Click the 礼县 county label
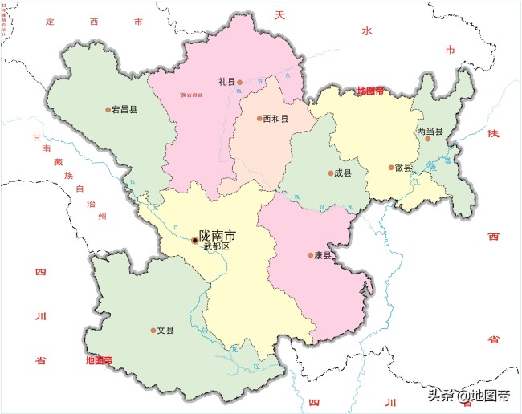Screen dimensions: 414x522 (x=226, y=82)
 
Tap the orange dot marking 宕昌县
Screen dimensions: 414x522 (x=108, y=110)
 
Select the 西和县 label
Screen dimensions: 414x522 (x=276, y=119)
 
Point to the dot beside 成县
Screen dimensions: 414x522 (x=330, y=173)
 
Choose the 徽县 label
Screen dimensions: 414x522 (x=404, y=168)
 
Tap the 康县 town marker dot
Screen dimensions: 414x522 (x=311, y=256)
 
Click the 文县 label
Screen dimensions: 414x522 (x=166, y=330)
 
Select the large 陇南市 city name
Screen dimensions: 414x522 (x=218, y=236)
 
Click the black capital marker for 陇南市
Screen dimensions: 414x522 (x=194, y=240)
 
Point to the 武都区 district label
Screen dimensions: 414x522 (x=216, y=247)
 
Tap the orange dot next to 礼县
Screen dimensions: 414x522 (x=239, y=82)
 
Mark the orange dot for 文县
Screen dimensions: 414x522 (x=153, y=331)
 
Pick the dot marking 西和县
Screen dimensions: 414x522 (x=259, y=119)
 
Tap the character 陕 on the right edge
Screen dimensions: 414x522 (x=493, y=133)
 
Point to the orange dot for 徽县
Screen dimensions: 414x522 (x=390, y=168)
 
